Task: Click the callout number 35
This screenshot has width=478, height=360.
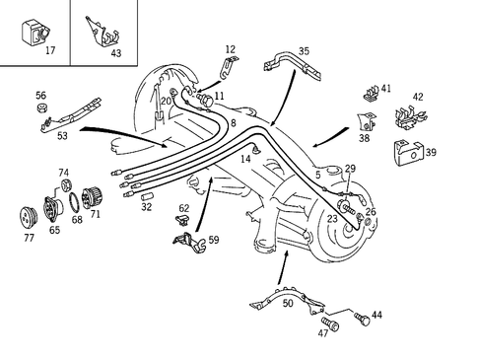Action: tap(304, 50)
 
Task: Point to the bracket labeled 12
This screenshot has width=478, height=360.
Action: tap(227, 68)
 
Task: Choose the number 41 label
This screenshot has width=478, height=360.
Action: tap(386, 88)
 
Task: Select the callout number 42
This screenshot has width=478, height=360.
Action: tap(418, 97)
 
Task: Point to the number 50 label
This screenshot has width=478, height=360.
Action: tap(288, 303)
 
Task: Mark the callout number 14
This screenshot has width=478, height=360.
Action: tap(244, 157)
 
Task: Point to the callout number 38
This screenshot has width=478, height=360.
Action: tap(365, 140)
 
